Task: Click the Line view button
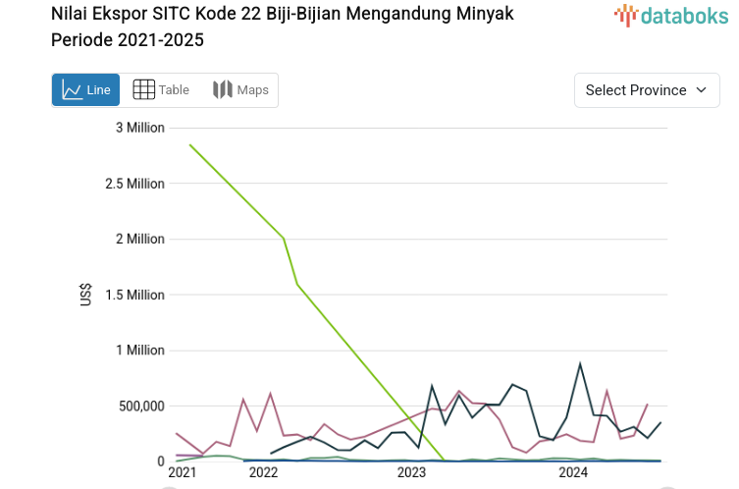click(x=85, y=90)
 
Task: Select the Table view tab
click(x=161, y=90)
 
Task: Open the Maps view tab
click(x=240, y=90)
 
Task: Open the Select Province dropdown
click(x=646, y=90)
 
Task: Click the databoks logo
click(x=671, y=15)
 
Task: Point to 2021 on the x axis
click(x=182, y=473)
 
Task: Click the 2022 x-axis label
click(x=264, y=473)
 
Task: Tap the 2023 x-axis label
click(x=411, y=473)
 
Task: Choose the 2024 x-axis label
click(x=572, y=473)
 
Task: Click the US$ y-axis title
click(x=87, y=295)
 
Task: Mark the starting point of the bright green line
click(x=189, y=145)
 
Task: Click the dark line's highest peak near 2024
click(x=580, y=363)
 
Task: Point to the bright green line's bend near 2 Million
click(x=284, y=238)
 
